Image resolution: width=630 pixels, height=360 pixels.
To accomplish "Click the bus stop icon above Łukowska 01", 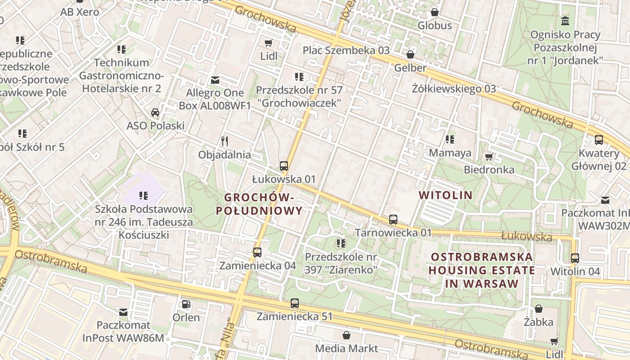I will pos(283,166).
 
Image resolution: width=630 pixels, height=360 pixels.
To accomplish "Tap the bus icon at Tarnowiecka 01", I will pos(393,220).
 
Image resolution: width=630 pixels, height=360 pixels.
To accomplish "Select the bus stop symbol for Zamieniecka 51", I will pos(295,303).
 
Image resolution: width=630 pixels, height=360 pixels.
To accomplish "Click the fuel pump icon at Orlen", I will pos(186,304).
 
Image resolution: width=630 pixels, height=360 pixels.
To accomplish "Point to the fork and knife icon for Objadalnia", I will pos(225,141).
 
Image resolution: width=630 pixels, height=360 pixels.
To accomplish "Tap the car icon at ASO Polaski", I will pos(155,112).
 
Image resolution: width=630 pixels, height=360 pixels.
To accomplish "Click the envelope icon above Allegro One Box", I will pos(215,80).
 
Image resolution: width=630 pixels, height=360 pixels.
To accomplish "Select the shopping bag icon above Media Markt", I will pos(346,335).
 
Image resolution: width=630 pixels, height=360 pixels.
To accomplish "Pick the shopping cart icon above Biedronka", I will pos(489,157).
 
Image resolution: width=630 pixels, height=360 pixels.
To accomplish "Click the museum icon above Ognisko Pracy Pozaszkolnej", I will pos(565,21).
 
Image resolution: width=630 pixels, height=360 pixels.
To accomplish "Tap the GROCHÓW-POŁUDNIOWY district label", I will pos(259,204).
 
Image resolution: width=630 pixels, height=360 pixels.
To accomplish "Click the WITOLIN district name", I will pos(445,195).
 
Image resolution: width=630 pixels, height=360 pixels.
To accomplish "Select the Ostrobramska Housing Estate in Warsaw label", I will pos(482,270).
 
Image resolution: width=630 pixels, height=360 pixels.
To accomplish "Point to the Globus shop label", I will pos(435,26).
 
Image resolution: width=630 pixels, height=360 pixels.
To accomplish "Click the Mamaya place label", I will pos(450,153).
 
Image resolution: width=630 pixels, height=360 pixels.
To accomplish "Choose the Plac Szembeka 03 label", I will pos(346,50).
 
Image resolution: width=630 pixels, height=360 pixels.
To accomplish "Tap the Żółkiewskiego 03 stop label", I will pos(454,89).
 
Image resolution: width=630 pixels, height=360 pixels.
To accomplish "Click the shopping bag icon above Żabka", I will pos(538,309).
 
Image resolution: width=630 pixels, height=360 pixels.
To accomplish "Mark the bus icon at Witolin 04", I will pos(575,258).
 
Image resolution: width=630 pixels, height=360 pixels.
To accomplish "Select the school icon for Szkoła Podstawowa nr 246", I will pos(144,195).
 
